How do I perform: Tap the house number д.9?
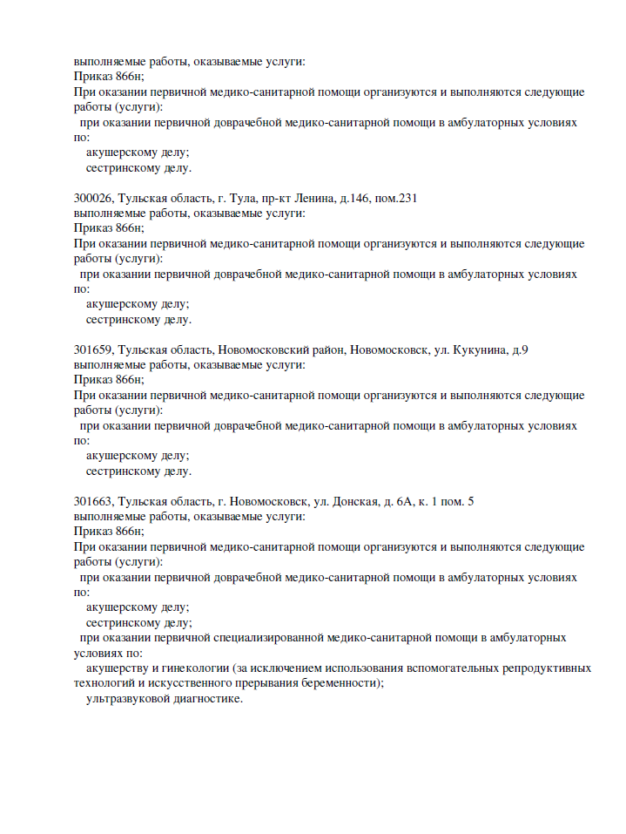pos(520,350)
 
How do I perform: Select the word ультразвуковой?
pos(125,699)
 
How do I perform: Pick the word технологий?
pos(105,683)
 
